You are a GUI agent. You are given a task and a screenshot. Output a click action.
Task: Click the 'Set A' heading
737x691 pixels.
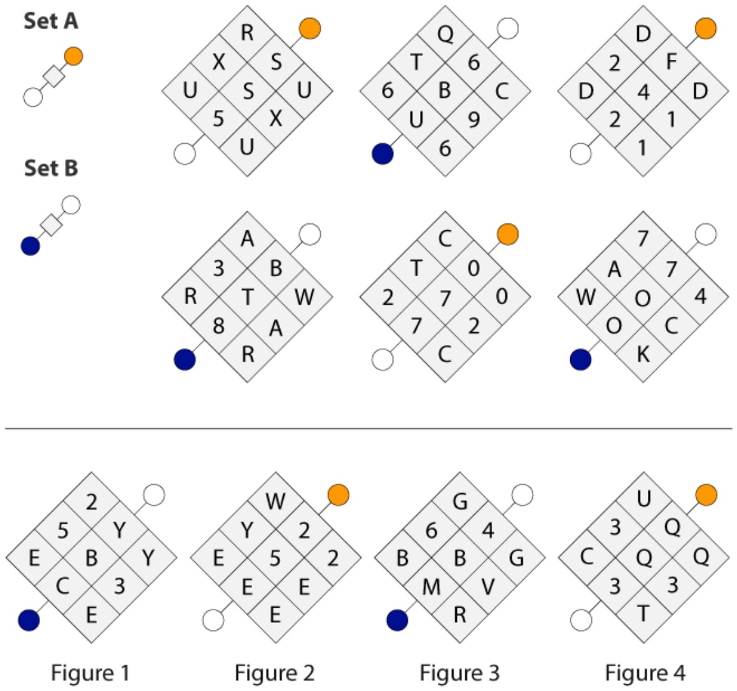[51, 21]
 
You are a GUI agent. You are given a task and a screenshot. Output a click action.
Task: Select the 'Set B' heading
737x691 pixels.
[51, 168]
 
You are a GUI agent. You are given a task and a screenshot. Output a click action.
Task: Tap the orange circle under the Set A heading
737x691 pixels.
[74, 57]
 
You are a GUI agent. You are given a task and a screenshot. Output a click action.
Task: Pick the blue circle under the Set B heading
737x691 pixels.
[31, 246]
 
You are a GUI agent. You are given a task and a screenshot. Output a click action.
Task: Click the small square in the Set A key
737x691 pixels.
[54, 76]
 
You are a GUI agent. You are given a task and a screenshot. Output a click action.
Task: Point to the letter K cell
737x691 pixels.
[643, 354]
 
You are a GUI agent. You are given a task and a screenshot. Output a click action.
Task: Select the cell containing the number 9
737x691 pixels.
[474, 120]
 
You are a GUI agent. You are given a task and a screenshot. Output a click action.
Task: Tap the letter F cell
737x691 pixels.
[671, 62]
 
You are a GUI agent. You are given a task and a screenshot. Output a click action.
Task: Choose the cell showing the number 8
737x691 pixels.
[218, 326]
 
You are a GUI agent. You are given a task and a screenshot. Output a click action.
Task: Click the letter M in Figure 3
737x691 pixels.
[432, 586]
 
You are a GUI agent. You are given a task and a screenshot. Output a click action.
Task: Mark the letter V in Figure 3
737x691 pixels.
[488, 586]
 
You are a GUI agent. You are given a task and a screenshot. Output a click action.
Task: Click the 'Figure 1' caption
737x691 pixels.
[90, 673]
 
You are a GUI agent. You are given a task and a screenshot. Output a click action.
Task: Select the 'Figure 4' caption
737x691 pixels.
[645, 673]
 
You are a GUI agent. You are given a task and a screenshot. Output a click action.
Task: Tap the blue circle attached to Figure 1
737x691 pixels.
[29, 620]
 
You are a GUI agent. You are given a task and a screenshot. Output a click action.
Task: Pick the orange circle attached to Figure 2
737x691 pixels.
[339, 495]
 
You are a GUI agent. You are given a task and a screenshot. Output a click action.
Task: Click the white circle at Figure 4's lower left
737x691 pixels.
[581, 620]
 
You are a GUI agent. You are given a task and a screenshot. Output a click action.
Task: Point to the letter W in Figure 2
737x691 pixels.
[276, 501]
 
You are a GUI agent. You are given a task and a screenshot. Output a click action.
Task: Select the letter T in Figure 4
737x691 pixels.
[643, 614]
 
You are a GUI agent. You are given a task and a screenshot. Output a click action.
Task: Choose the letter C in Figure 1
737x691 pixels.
[62, 586]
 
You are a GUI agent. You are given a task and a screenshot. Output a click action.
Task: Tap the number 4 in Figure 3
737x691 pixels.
[488, 530]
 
